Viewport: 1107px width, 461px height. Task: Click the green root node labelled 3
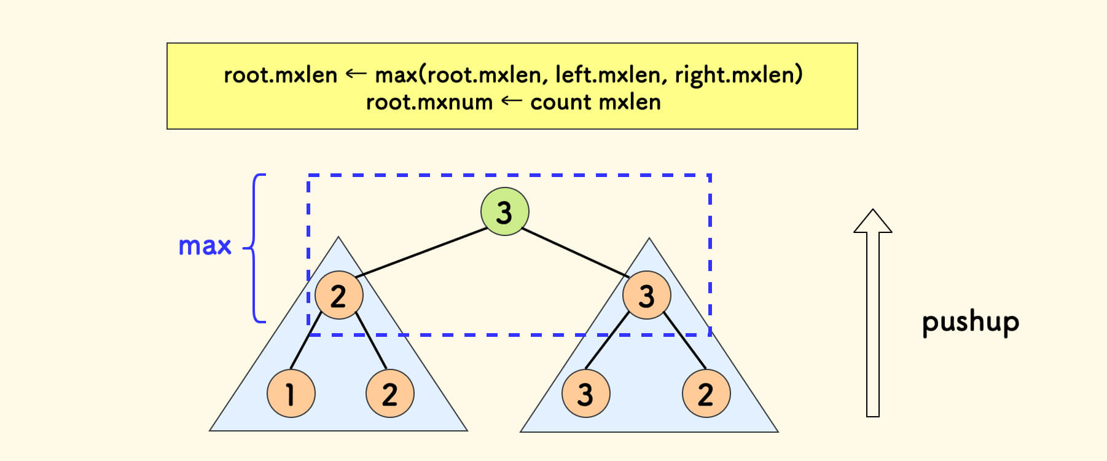504,211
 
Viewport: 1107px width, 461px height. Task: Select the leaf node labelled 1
291,393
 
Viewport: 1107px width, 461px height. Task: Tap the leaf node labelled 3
585,393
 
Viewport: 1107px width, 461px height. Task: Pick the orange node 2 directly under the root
338,296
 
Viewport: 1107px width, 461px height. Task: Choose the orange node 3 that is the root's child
646,296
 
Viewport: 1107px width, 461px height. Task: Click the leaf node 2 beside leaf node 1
389,393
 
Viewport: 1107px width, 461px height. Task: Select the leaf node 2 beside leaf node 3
706,393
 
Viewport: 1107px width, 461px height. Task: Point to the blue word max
205,246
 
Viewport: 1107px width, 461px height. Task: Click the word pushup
970,322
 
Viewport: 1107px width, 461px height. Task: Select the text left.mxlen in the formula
607,75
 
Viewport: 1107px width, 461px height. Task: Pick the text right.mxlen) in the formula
738,75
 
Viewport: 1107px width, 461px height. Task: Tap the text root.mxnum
429,102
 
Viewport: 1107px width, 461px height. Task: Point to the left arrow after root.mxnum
511,101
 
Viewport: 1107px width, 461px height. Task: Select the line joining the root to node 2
421,252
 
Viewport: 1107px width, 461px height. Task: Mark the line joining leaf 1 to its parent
305,341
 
